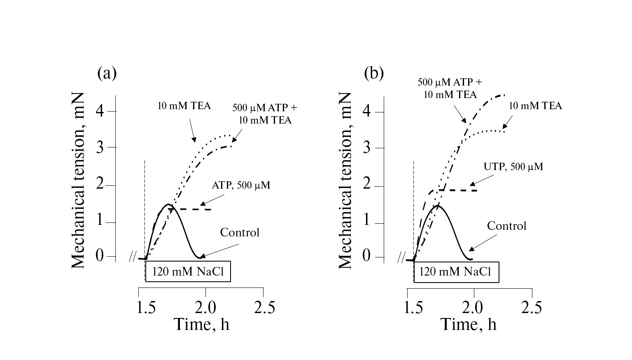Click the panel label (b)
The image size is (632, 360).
374,73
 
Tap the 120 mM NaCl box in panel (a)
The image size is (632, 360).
188,271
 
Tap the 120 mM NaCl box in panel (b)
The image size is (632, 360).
456,272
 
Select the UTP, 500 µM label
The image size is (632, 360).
513,167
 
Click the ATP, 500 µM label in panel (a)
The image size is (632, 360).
241,185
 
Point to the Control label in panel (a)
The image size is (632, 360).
240,232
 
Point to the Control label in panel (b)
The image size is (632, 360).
506,226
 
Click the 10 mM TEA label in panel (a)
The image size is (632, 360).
184,106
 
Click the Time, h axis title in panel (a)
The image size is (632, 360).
201,325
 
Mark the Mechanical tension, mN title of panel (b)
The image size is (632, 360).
345,180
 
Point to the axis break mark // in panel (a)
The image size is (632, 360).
132,258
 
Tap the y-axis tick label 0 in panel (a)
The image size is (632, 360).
100,256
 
